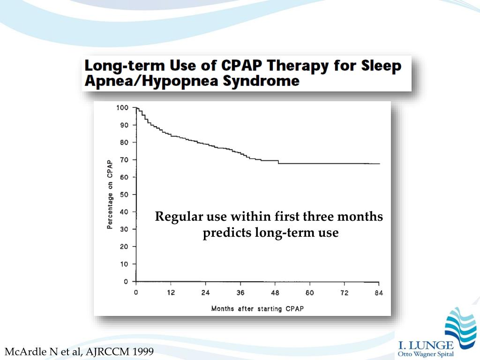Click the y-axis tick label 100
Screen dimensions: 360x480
click(x=122, y=108)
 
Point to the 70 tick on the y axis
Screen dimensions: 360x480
click(x=123, y=160)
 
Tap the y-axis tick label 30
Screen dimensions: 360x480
click(x=123, y=229)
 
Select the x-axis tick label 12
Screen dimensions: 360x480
click(x=171, y=293)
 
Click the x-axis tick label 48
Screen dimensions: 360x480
click(x=275, y=293)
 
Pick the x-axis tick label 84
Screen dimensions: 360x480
click(x=379, y=293)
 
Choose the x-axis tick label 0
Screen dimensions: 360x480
click(x=136, y=293)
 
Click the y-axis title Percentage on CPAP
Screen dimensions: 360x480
click(x=110, y=195)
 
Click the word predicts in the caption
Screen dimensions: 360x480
click(x=226, y=232)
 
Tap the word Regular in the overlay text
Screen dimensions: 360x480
click(x=179, y=217)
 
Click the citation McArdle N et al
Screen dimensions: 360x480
click(x=44, y=351)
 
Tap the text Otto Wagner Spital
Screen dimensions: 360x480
click(x=426, y=354)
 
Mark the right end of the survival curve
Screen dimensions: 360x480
click(x=379, y=164)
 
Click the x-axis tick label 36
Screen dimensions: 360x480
click(x=240, y=293)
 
